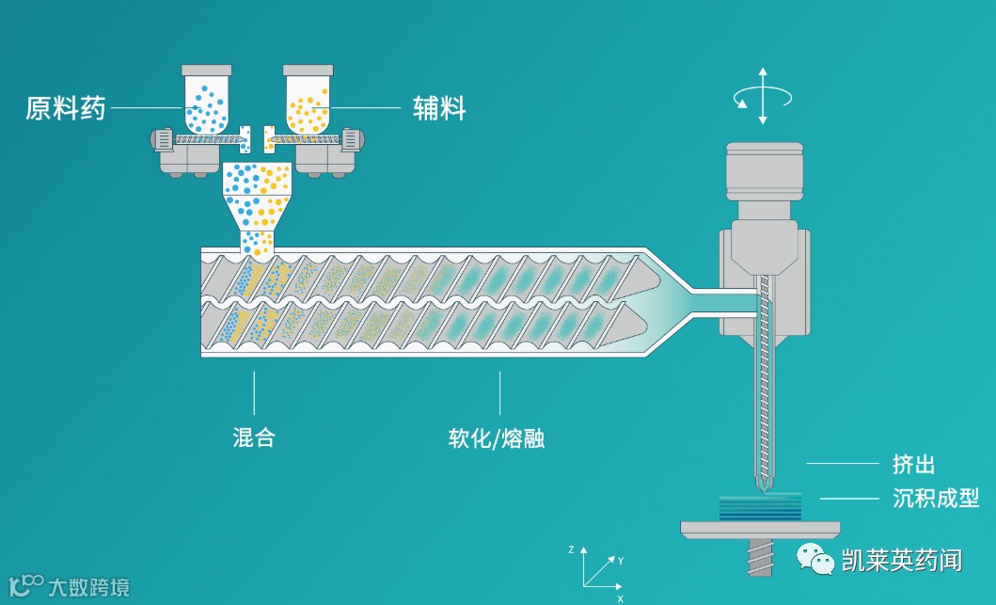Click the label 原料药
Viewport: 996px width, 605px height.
[x=65, y=109]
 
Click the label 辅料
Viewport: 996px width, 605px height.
[x=440, y=108]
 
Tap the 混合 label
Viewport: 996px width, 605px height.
[x=254, y=438]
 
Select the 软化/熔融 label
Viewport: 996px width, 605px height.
[x=498, y=439]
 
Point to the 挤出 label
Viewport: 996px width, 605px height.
[x=913, y=464]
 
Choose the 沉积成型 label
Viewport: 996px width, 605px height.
[x=935, y=498]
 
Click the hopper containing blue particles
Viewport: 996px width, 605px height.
[x=206, y=99]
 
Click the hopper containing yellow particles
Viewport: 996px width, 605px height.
[x=308, y=99]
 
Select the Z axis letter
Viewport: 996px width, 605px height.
[x=571, y=549]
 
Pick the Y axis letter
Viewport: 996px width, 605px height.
[x=621, y=561]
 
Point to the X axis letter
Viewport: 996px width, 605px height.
[x=620, y=598]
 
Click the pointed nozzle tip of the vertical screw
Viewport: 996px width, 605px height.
[x=765, y=486]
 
